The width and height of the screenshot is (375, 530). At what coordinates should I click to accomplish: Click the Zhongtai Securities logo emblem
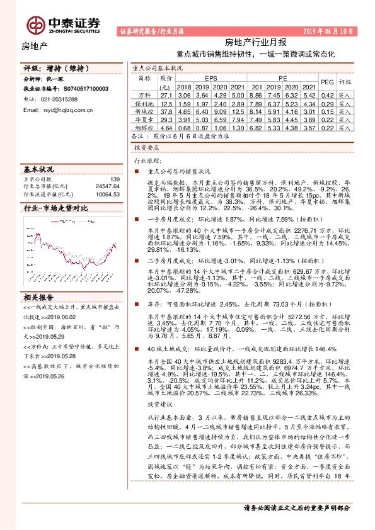click(x=34, y=24)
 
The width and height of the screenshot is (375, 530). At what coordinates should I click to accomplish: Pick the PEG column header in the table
click(x=326, y=82)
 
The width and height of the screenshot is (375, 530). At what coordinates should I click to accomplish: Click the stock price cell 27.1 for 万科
click(x=166, y=94)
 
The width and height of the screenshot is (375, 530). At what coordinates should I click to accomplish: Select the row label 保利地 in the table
click(x=144, y=103)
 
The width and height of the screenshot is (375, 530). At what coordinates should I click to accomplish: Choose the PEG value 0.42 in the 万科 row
click(x=326, y=94)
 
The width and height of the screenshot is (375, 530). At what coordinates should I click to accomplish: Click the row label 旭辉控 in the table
click(x=144, y=127)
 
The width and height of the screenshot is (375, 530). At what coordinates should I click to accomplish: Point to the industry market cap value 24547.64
click(x=107, y=187)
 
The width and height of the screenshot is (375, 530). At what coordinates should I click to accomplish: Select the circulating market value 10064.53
click(x=107, y=195)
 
